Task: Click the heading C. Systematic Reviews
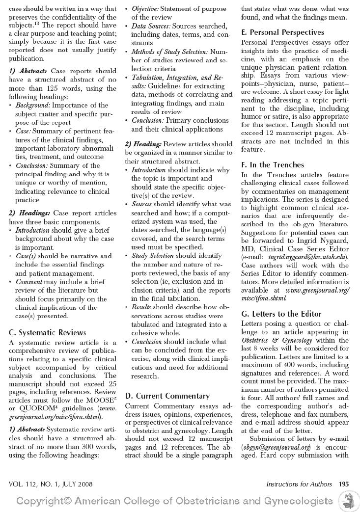coord(47,332)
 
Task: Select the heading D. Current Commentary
coord(167,396)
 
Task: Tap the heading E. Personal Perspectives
coord(282,32)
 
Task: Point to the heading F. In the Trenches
coord(273,165)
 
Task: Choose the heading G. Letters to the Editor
coord(281,314)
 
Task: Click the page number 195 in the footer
coord(343,484)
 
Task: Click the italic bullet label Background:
coord(33,105)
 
